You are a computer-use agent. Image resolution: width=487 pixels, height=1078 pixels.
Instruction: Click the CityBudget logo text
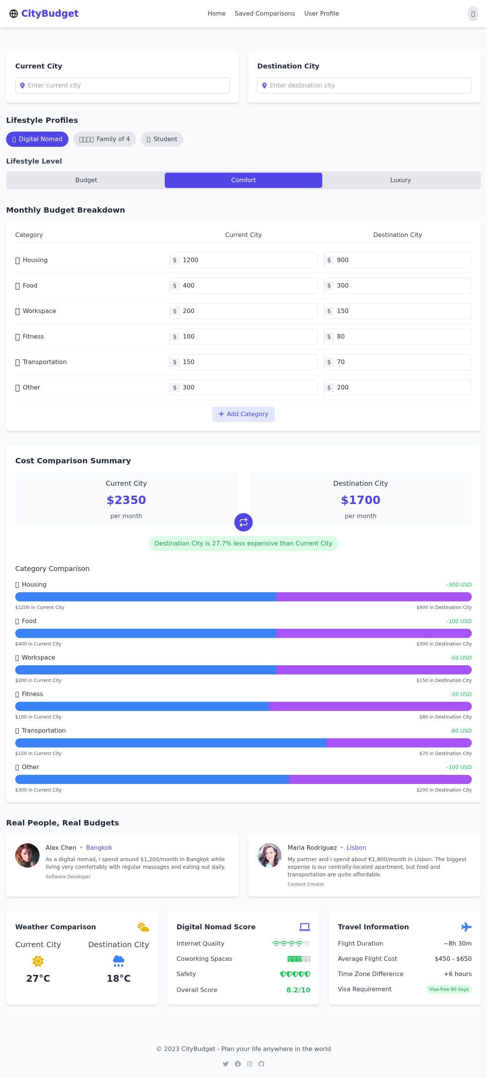click(x=49, y=13)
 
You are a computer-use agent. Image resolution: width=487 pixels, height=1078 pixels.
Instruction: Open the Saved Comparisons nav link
click(x=265, y=13)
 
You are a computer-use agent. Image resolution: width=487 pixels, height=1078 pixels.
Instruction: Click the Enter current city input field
click(x=122, y=85)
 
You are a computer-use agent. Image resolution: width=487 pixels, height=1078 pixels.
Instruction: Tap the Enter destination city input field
click(x=364, y=85)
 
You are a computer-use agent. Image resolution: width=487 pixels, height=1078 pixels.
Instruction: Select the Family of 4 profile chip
click(x=104, y=139)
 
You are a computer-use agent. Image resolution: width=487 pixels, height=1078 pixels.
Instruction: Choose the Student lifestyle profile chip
click(x=162, y=139)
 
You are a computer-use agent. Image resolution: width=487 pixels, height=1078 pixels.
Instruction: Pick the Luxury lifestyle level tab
click(x=400, y=180)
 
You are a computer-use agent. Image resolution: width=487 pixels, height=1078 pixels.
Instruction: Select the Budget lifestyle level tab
click(x=86, y=180)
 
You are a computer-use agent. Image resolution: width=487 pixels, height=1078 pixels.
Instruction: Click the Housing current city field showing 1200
click(x=247, y=260)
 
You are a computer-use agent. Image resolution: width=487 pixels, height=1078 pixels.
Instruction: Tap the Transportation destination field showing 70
click(x=402, y=362)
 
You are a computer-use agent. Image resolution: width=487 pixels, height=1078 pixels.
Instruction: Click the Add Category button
click(x=243, y=414)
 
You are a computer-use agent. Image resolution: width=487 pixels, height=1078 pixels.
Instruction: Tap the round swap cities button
click(x=243, y=522)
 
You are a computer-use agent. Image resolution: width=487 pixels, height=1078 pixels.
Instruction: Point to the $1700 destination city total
click(x=361, y=500)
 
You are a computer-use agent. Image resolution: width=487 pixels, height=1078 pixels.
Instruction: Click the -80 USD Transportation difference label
click(x=461, y=731)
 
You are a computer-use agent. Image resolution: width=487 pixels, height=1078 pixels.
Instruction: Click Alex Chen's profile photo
click(x=28, y=855)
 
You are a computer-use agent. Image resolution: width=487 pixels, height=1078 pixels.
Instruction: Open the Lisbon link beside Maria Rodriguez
click(x=356, y=847)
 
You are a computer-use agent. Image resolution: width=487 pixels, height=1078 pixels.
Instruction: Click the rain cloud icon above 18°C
click(x=118, y=961)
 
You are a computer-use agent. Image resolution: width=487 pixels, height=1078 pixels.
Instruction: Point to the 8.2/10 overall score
click(x=298, y=990)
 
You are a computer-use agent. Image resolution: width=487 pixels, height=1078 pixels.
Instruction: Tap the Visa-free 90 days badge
click(x=449, y=989)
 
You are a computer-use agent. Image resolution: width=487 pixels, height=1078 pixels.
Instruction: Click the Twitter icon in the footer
click(x=226, y=1064)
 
